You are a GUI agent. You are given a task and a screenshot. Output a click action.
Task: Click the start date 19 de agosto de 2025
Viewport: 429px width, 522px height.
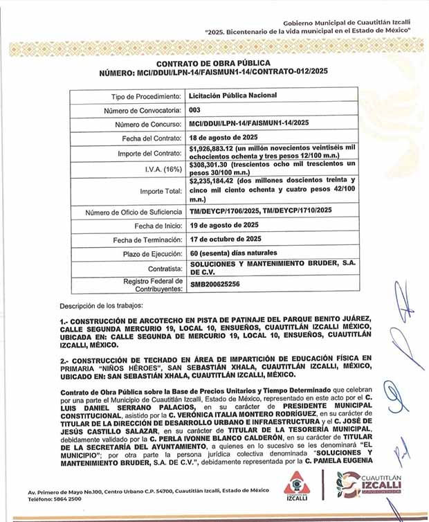[226, 226]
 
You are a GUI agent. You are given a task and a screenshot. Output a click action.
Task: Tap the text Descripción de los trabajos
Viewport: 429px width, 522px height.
[101, 305]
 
